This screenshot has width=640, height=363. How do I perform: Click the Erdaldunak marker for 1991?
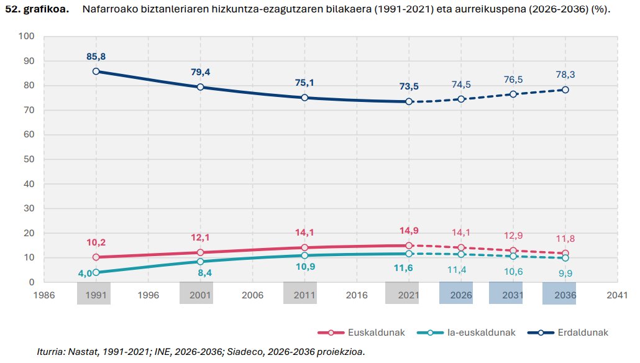pyautogui.click(x=96, y=71)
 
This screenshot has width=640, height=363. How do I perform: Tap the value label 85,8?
pyautogui.click(x=96, y=57)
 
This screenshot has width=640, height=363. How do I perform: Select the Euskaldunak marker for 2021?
pyautogui.click(x=409, y=246)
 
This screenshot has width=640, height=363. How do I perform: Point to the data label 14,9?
pyautogui.click(x=409, y=231)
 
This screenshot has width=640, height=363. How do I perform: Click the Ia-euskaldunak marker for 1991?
pyautogui.click(x=96, y=272)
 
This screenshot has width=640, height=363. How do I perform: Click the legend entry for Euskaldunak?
pyautogui.click(x=362, y=333)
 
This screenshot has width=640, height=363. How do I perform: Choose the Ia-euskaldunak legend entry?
pyautogui.click(x=462, y=333)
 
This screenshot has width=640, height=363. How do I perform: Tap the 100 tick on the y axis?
pyautogui.click(x=25, y=36)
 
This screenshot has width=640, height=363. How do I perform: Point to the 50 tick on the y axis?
pyautogui.click(x=28, y=159)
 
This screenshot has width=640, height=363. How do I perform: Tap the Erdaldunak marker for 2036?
pyautogui.click(x=565, y=90)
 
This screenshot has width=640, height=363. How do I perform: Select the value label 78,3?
pyautogui.click(x=565, y=75)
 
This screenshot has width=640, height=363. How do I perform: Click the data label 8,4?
pyautogui.click(x=200, y=272)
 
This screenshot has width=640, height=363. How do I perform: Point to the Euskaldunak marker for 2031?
pyautogui.click(x=513, y=250)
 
